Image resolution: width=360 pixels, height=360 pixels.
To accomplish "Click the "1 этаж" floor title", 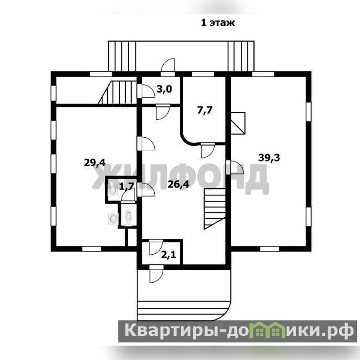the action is click(218, 23).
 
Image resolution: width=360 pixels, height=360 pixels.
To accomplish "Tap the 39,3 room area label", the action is click(269, 158).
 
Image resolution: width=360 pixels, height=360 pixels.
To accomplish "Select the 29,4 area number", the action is click(94, 163).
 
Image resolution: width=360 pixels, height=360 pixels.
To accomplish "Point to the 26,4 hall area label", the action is click(178, 184).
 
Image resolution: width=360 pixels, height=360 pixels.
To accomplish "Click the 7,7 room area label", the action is click(205, 110).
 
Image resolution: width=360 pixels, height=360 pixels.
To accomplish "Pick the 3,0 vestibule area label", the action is click(164, 89).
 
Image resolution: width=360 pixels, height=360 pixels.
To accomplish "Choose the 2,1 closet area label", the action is click(168, 255).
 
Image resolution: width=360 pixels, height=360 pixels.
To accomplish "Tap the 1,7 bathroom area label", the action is click(126, 186).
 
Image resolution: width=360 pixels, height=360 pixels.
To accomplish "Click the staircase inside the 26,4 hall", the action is click(214, 209).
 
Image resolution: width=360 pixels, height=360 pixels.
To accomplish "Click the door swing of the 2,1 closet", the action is click(156, 247).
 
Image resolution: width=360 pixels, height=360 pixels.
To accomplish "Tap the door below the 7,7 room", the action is click(208, 150).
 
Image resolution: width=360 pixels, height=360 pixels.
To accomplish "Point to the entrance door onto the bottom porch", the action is click(156, 274).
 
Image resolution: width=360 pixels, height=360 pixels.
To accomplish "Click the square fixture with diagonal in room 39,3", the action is click(238, 123).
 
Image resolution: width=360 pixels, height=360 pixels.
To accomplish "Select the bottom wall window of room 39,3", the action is click(270, 249).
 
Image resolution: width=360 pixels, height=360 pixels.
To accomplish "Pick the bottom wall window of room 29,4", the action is click(92, 249).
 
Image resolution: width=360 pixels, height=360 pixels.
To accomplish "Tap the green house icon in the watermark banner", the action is click(270, 330).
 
